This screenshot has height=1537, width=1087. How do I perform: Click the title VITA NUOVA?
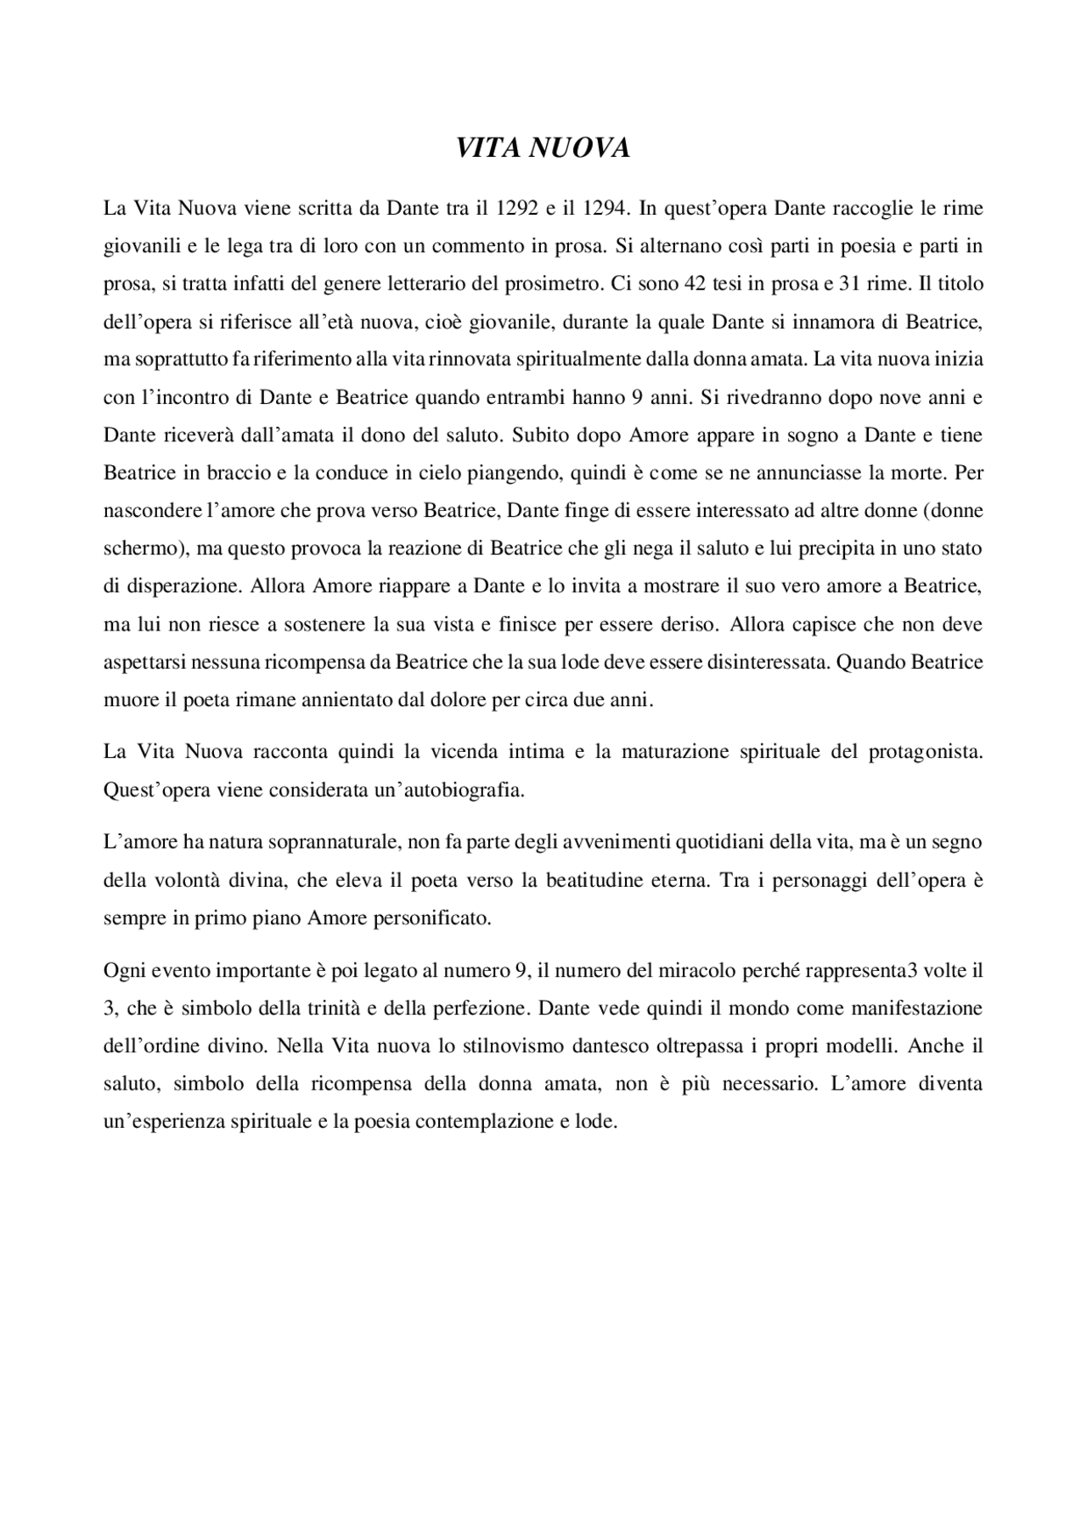[543, 148]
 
